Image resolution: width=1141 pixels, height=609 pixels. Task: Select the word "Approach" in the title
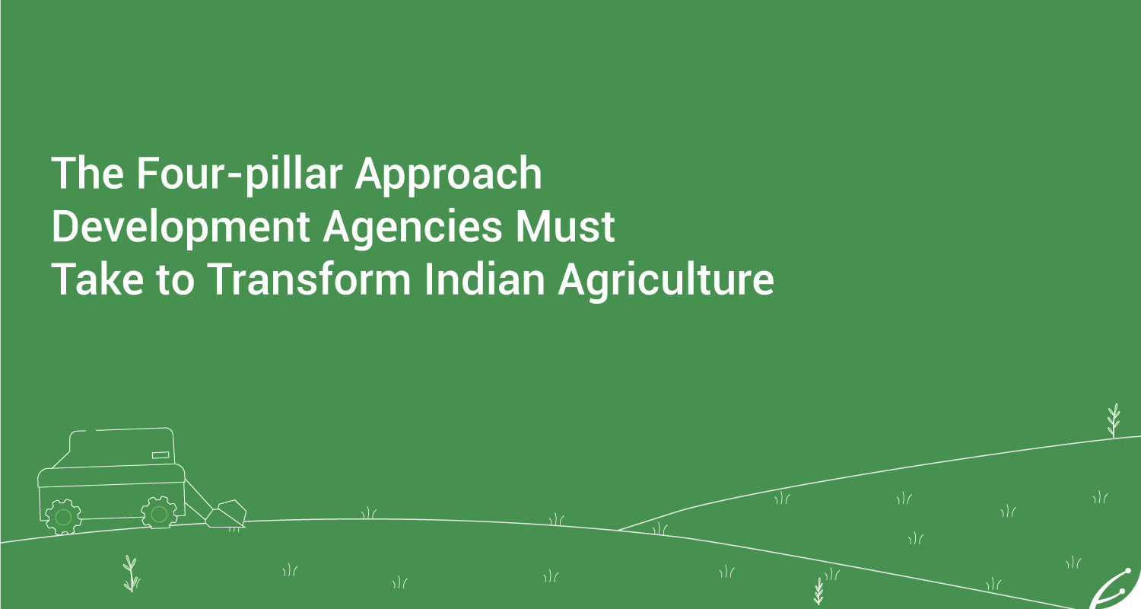click(x=448, y=175)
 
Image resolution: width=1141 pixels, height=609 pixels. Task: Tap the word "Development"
click(x=181, y=228)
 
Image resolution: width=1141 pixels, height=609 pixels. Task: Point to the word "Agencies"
click(x=413, y=228)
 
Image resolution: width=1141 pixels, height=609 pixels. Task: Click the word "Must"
click(x=565, y=226)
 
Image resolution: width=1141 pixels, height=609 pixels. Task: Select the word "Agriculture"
click(x=666, y=281)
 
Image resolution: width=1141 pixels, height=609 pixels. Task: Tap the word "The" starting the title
click(x=87, y=174)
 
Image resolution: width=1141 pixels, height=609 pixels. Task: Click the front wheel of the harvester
click(x=160, y=513)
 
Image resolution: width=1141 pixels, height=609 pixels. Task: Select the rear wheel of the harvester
click(x=63, y=517)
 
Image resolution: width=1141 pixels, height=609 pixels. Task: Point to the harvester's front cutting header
click(x=226, y=514)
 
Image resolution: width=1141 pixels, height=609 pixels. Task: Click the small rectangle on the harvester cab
click(x=161, y=454)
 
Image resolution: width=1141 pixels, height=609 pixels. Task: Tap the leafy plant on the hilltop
click(x=1114, y=420)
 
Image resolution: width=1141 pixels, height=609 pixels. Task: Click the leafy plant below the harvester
click(x=131, y=573)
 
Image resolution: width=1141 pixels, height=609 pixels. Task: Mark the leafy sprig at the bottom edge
click(x=818, y=591)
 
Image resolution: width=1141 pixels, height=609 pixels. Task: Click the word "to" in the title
click(x=176, y=281)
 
